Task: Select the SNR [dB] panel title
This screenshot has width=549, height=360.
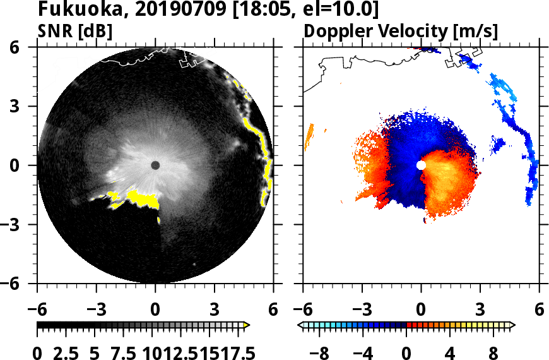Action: (75, 30)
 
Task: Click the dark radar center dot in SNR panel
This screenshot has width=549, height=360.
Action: (155, 165)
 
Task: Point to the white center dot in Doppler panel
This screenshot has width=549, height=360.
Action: (421, 165)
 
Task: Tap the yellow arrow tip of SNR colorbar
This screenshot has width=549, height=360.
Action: (247, 325)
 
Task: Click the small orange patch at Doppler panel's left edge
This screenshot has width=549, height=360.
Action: (309, 136)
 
